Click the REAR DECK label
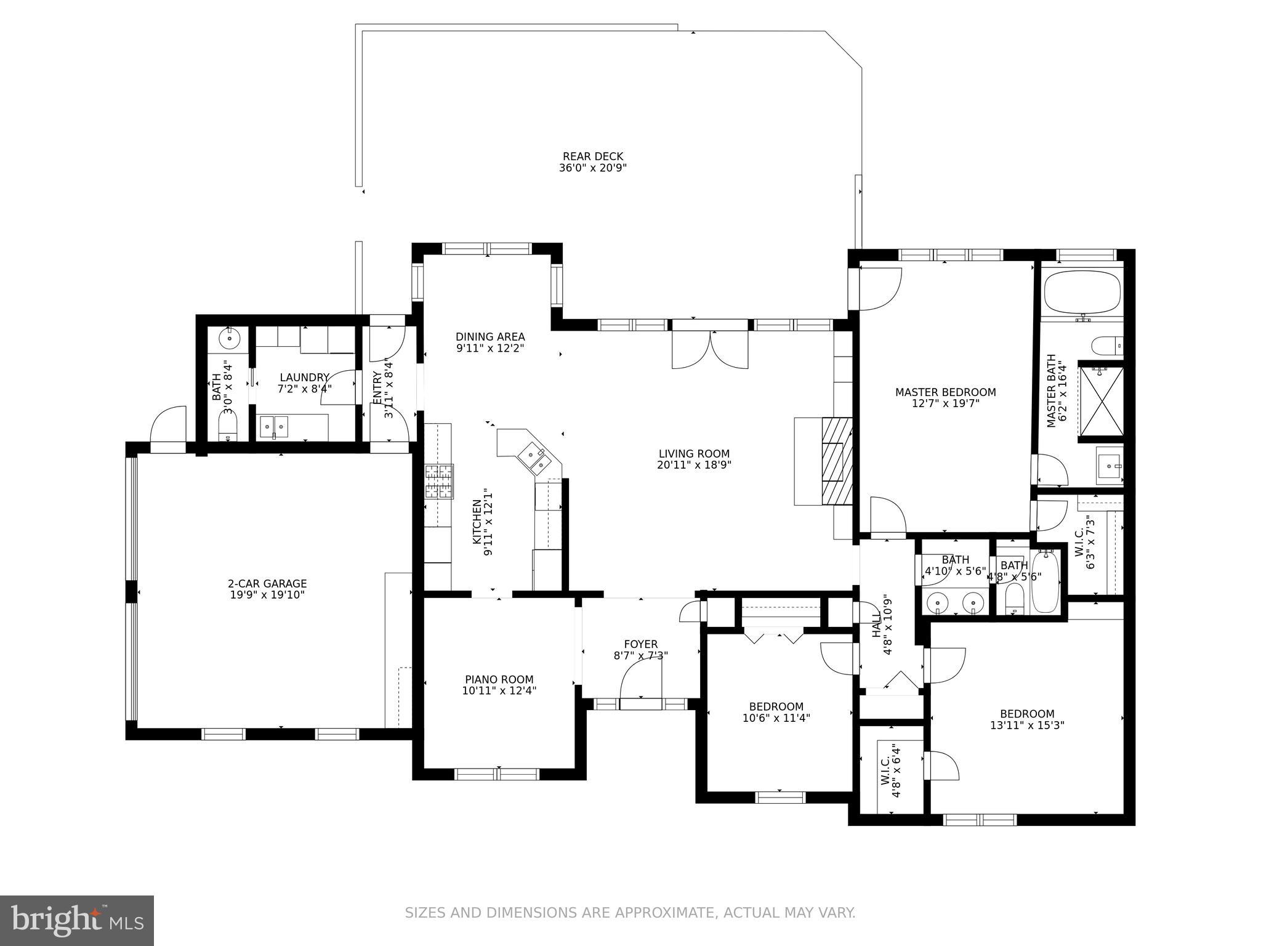click(592, 156)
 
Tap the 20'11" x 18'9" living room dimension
click(693, 465)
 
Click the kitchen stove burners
click(438, 482)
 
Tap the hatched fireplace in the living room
click(837, 461)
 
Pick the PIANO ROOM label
click(499, 679)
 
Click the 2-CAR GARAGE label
click(267, 583)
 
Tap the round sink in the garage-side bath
click(229, 338)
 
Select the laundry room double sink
click(273, 426)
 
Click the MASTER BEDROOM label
click(945, 392)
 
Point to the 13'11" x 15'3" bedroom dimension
click(1027, 725)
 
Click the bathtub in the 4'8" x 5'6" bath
click(1044, 581)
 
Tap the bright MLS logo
click(76, 921)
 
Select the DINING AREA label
click(490, 336)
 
